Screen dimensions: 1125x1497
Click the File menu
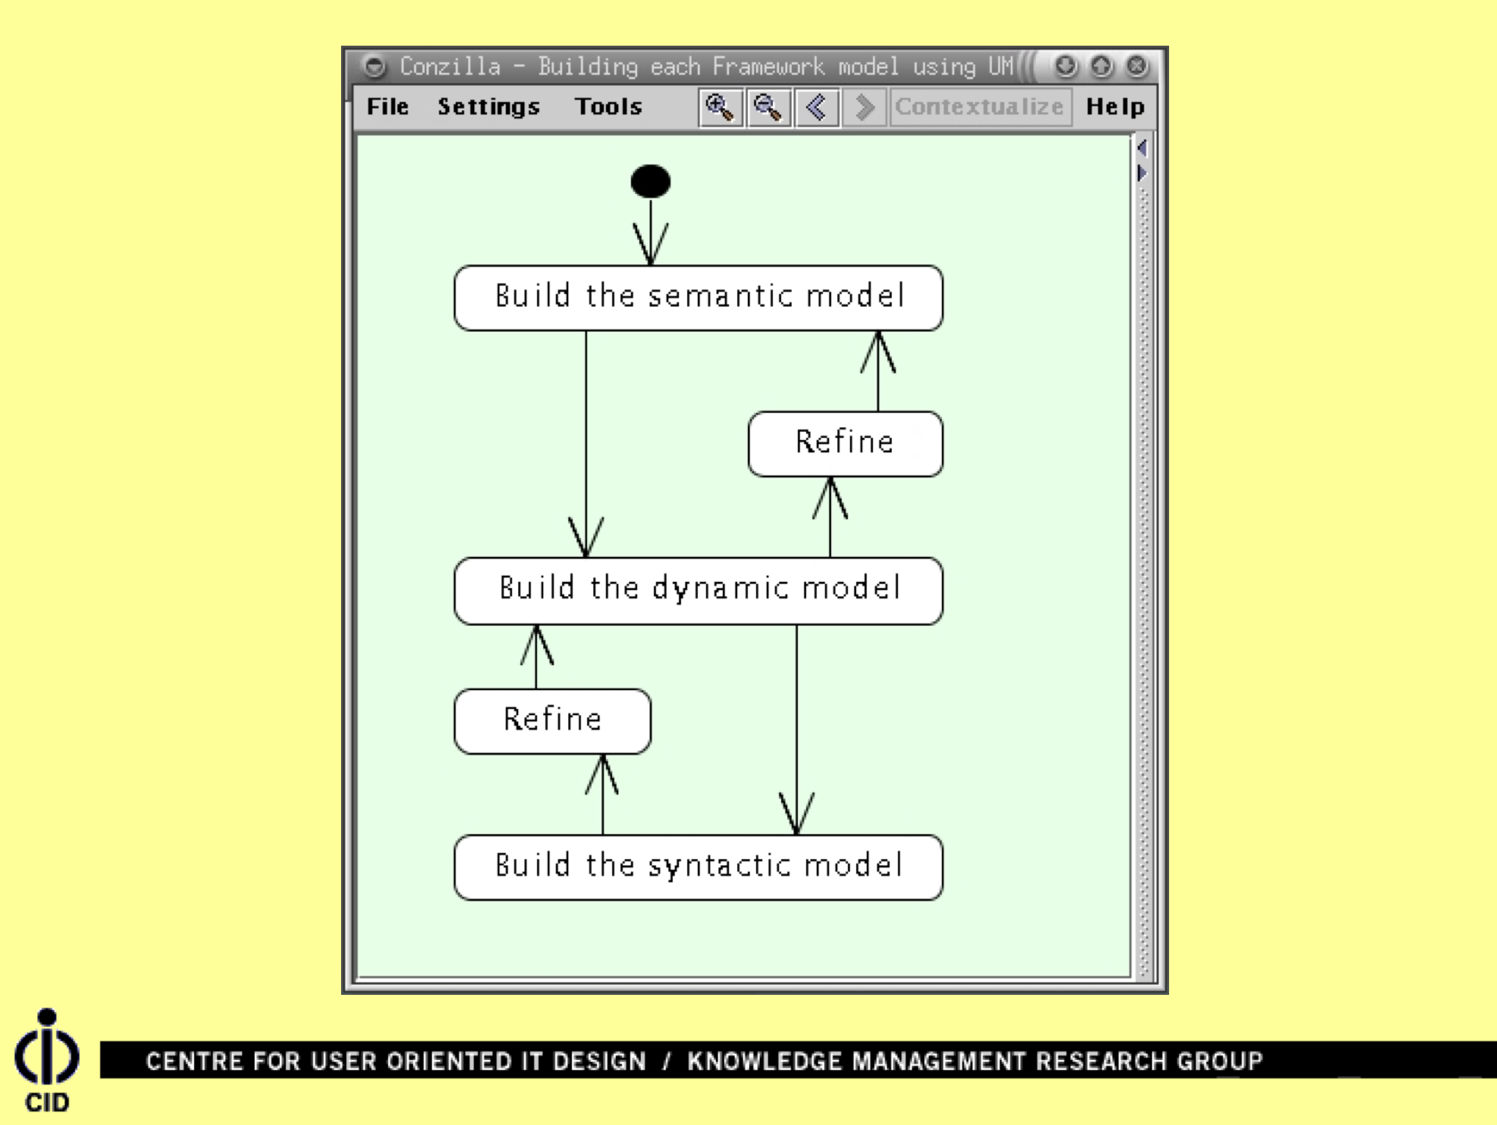click(387, 107)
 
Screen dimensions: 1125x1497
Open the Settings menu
click(488, 107)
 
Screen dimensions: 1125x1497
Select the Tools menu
click(608, 107)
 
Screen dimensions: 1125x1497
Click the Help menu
click(1115, 107)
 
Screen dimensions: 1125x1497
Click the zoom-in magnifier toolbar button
click(720, 107)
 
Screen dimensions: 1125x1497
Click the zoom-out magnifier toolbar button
click(768, 107)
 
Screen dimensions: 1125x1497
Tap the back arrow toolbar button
click(817, 107)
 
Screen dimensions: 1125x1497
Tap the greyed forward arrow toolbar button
click(864, 107)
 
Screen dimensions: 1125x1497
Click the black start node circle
click(650, 181)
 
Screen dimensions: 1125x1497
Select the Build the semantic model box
click(698, 298)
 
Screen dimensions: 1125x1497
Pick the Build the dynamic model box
click(698, 590)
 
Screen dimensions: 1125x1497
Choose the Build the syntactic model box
click(698, 867)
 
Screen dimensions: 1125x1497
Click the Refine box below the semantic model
click(845, 443)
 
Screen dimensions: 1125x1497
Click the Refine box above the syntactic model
click(552, 720)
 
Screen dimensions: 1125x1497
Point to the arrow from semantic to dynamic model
click(586, 440)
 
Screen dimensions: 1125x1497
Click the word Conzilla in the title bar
click(450, 66)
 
